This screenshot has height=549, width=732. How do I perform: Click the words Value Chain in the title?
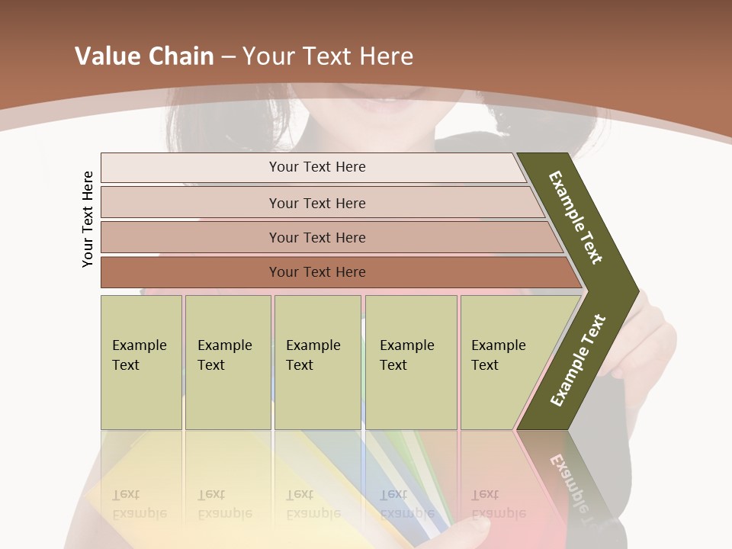tap(143, 56)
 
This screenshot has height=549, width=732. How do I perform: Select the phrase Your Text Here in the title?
tap(328, 56)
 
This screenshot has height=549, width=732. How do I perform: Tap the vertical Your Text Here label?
tap(88, 219)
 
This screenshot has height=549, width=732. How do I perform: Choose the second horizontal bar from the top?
tap(316, 203)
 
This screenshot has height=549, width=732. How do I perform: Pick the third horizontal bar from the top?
tap(316, 237)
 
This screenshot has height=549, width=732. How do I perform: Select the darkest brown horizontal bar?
tap(316, 272)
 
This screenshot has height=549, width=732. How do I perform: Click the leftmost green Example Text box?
tap(141, 362)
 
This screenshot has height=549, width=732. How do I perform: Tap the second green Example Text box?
tap(227, 362)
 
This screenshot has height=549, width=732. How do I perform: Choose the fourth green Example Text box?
tap(410, 362)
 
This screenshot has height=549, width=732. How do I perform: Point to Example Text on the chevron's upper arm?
tap(576, 217)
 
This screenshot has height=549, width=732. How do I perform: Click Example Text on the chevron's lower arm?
tap(578, 361)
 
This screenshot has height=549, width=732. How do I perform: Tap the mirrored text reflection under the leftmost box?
tap(139, 504)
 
